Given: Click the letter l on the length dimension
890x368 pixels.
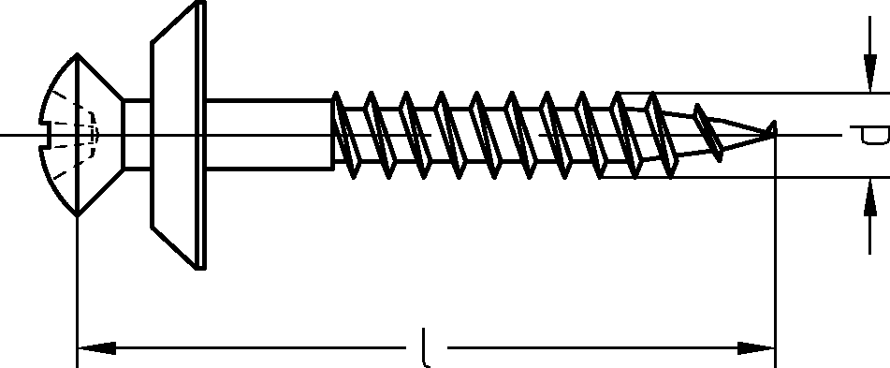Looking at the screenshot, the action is [426, 347].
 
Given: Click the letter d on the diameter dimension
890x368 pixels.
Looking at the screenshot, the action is [872, 135].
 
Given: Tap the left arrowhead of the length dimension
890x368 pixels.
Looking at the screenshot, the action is [96, 347].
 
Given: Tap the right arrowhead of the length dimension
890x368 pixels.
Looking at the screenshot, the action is [756, 347].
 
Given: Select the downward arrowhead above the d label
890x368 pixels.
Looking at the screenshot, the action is [869, 73].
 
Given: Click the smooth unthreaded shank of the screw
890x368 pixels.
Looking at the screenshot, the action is [269, 135].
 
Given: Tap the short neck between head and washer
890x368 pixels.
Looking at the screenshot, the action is [137, 135].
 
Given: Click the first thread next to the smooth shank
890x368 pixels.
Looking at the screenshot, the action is [345, 135].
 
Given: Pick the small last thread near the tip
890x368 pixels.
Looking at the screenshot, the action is [708, 133].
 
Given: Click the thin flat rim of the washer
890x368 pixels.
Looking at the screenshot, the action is [200, 135].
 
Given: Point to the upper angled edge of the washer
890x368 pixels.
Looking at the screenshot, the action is [173, 22].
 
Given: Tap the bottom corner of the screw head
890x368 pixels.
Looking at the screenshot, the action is [77, 215].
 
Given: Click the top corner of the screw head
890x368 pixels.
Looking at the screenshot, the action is [77, 54].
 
